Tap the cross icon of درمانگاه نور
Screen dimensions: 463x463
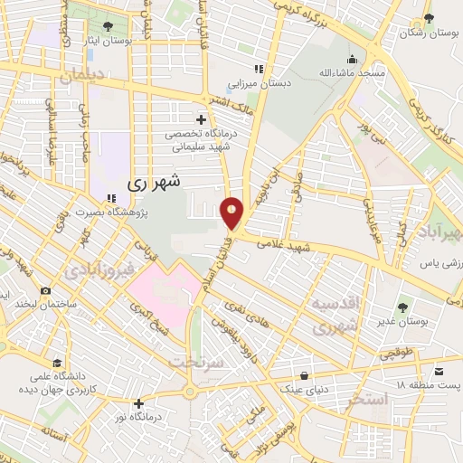137,403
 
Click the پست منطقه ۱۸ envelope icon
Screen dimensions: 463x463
439,372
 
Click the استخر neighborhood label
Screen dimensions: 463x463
367,398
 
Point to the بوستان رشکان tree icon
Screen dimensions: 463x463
429,18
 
